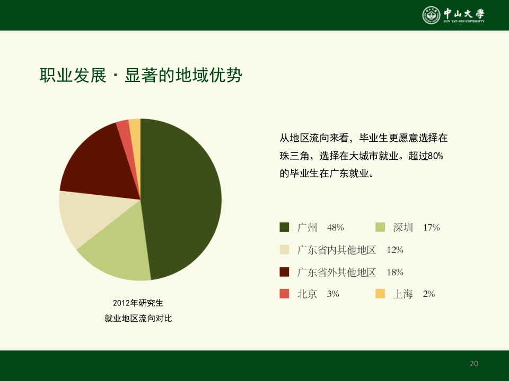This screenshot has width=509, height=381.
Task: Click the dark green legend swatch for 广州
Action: [x=284, y=228]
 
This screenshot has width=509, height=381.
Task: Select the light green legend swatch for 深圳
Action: [x=380, y=228]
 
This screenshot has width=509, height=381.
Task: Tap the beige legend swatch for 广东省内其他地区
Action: [x=284, y=250]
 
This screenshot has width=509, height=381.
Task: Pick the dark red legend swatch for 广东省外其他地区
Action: [x=284, y=273]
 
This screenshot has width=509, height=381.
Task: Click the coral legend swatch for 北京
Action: [x=284, y=294]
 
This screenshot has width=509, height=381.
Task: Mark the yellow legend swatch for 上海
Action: [x=380, y=294]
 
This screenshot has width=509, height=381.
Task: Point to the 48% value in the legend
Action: [x=336, y=228]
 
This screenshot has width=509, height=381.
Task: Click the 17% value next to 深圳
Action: [x=432, y=228]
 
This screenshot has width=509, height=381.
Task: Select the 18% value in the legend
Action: [x=395, y=273]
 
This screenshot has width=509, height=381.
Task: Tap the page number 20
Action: [x=474, y=364]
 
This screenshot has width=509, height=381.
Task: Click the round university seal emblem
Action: [x=431, y=15]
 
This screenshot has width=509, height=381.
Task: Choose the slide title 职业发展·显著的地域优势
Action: [x=141, y=76]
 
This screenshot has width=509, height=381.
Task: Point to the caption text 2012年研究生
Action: [x=138, y=303]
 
